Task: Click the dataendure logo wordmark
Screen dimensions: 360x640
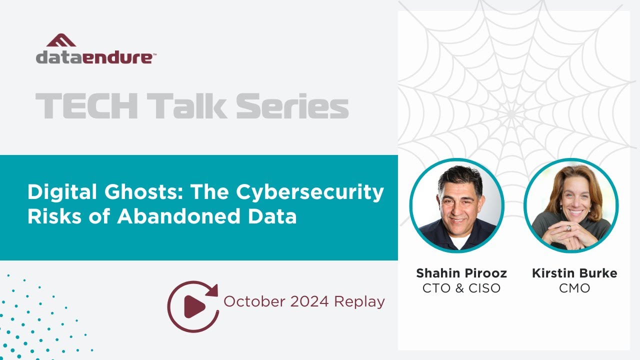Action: [x=95, y=57]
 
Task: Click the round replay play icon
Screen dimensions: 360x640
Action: [x=192, y=306]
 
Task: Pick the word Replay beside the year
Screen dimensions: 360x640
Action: [x=359, y=301]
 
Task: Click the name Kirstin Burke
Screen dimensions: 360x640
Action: [x=574, y=273]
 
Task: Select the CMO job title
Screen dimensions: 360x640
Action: [x=574, y=288]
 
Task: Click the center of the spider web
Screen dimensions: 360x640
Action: [x=511, y=115]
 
